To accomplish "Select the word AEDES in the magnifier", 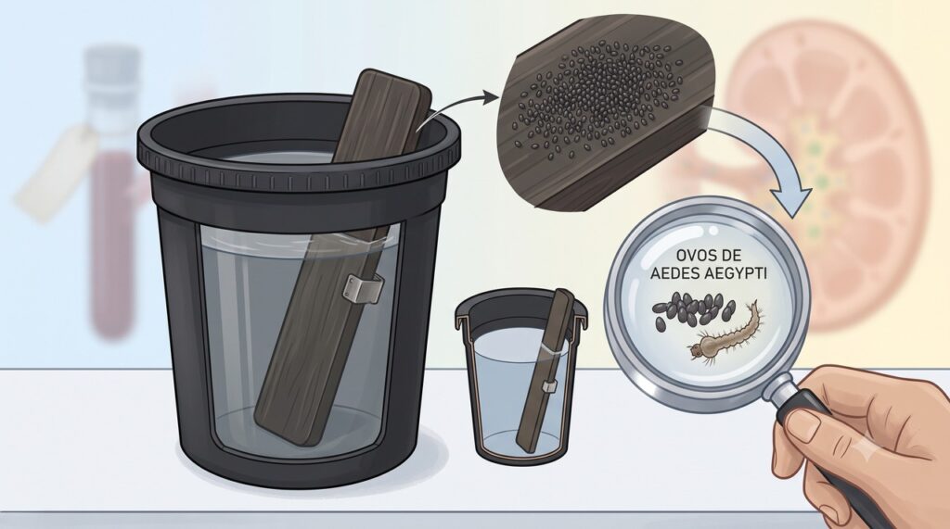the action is (x=674, y=273).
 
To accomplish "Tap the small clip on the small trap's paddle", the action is (x=550, y=386).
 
